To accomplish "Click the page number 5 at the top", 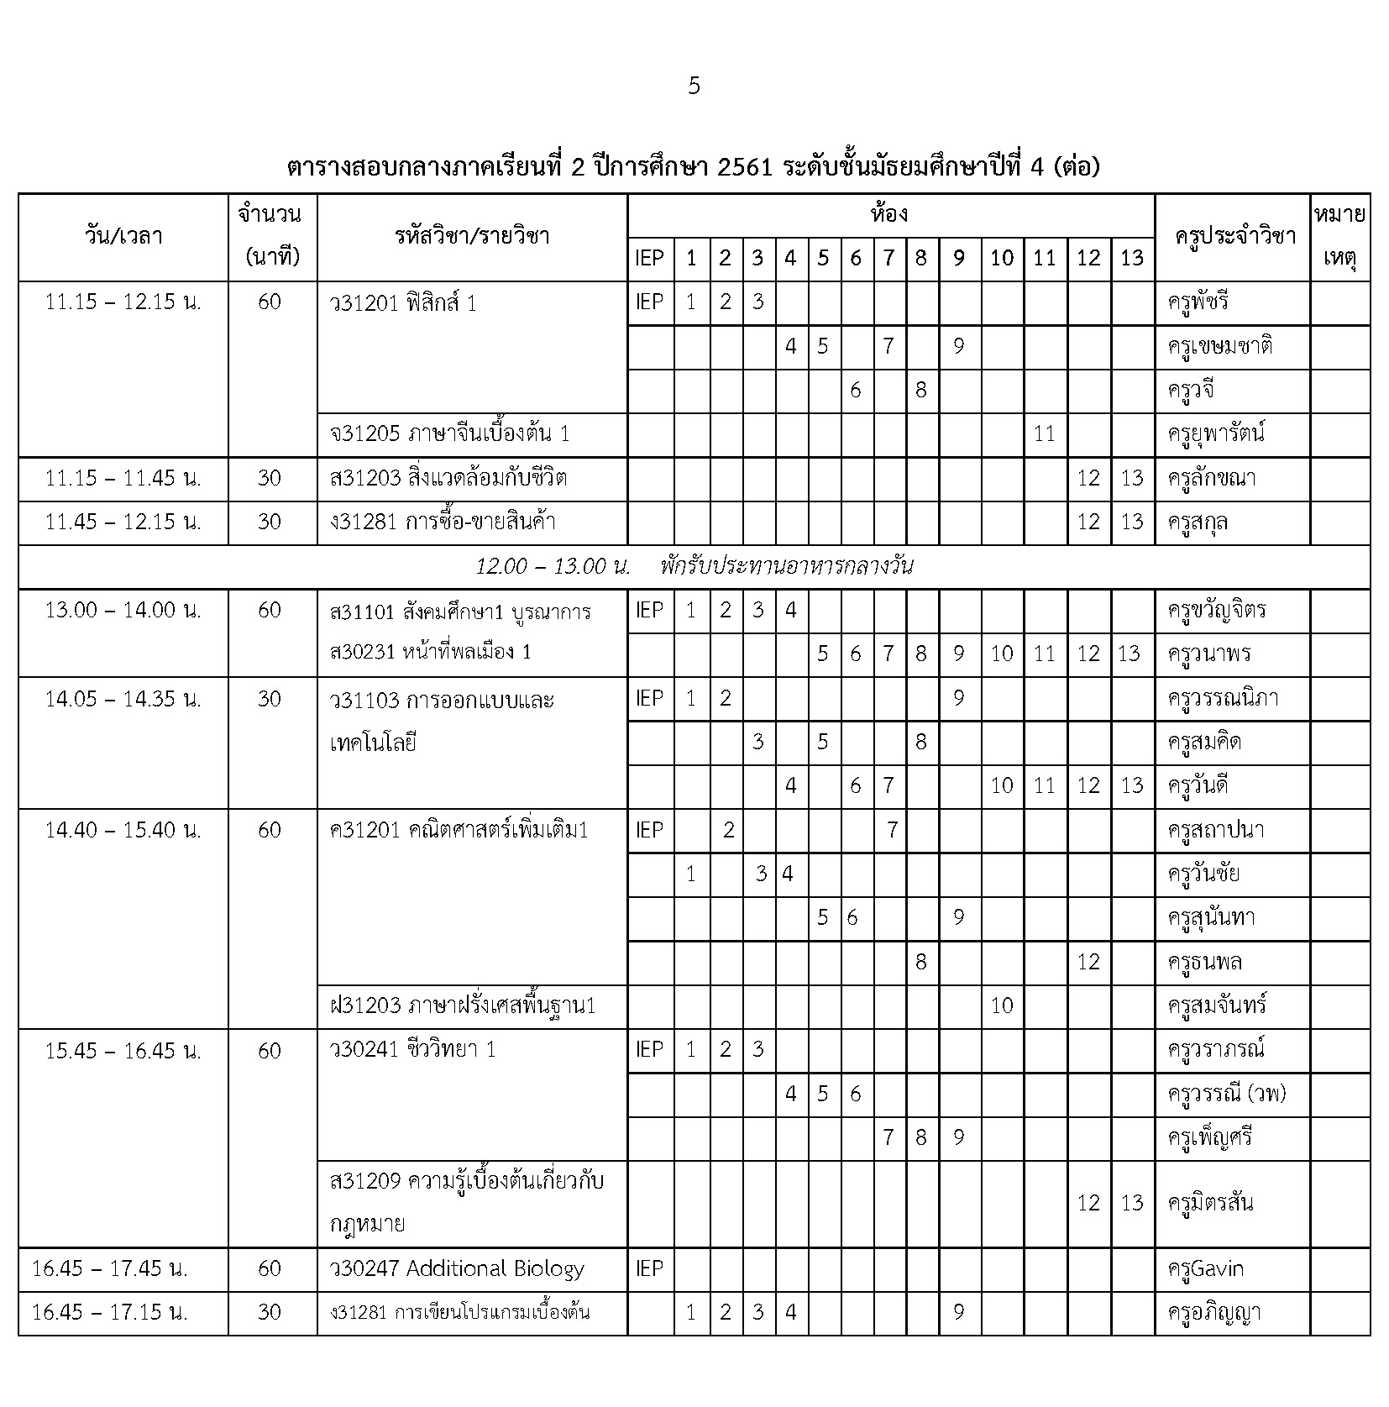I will point(694,86).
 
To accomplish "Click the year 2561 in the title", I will point(743,167).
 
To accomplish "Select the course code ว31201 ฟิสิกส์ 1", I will point(404,302).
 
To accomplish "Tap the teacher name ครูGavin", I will point(1205,1268).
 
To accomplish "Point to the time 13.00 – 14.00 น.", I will point(123,610).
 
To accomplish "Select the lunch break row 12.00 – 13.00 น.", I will point(694,566).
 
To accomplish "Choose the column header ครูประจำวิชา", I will point(1231,236).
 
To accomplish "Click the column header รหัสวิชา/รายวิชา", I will point(471,236).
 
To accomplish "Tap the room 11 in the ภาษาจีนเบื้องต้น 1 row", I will point(1044,433).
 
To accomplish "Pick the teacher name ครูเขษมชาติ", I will point(1219,346).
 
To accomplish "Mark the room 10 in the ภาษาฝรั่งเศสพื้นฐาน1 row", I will point(1002,1005).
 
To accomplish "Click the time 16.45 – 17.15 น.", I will point(110,1312).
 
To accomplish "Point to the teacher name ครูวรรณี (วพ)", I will point(1227,1093).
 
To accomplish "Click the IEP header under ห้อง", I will point(649,258).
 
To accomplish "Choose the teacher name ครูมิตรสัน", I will point(1210,1202).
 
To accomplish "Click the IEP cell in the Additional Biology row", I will point(649,1268).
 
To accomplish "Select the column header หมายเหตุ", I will point(1339,236).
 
